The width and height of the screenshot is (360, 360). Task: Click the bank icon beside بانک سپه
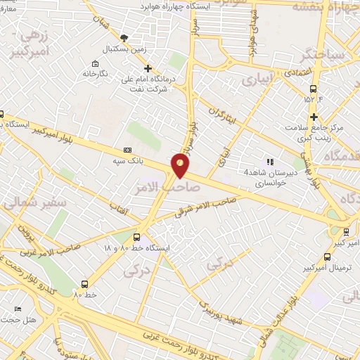coord(127,149)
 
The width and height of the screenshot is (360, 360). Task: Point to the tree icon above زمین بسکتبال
coord(124,38)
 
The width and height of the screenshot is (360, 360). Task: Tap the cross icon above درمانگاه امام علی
coord(148,68)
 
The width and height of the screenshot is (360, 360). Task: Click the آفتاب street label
coord(118,204)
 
